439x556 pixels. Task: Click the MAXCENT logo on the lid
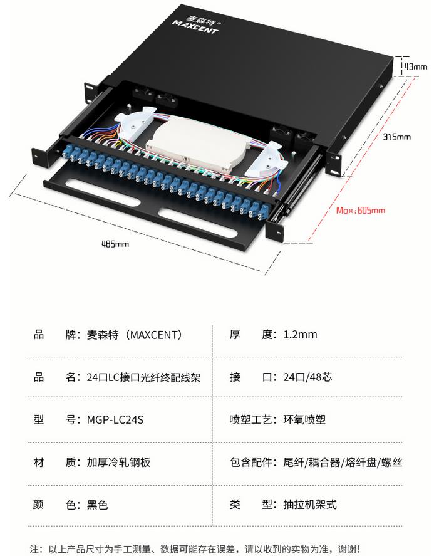coord(195,24)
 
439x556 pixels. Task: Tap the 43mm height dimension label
coord(415,66)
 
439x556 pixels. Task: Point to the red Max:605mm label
coord(360,211)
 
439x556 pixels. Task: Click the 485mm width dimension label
coord(115,244)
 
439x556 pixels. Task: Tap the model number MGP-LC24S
coord(115,419)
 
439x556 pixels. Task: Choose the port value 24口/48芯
coord(307,377)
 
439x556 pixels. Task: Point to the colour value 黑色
coord(97,505)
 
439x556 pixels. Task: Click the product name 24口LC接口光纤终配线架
coord(143,377)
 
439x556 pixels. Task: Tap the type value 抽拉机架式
coord(310,505)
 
